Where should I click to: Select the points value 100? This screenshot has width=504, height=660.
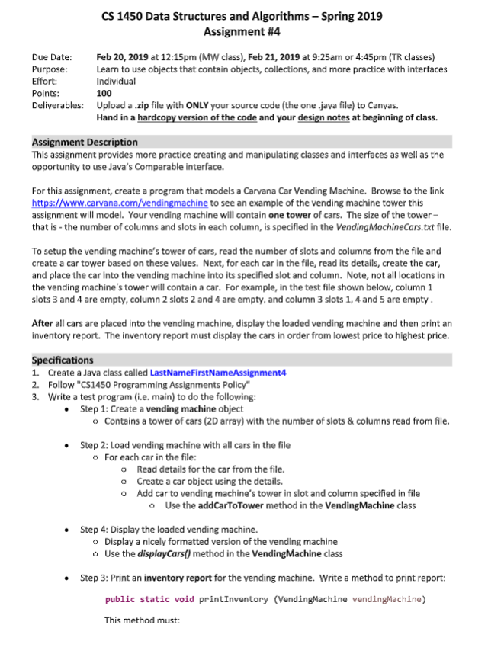coord(104,92)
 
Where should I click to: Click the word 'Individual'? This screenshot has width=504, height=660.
coord(116,81)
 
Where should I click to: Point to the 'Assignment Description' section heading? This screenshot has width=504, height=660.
coord(85,142)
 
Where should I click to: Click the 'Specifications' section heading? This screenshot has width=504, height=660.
coord(63,360)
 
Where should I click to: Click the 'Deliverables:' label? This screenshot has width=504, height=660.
coord(57,104)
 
